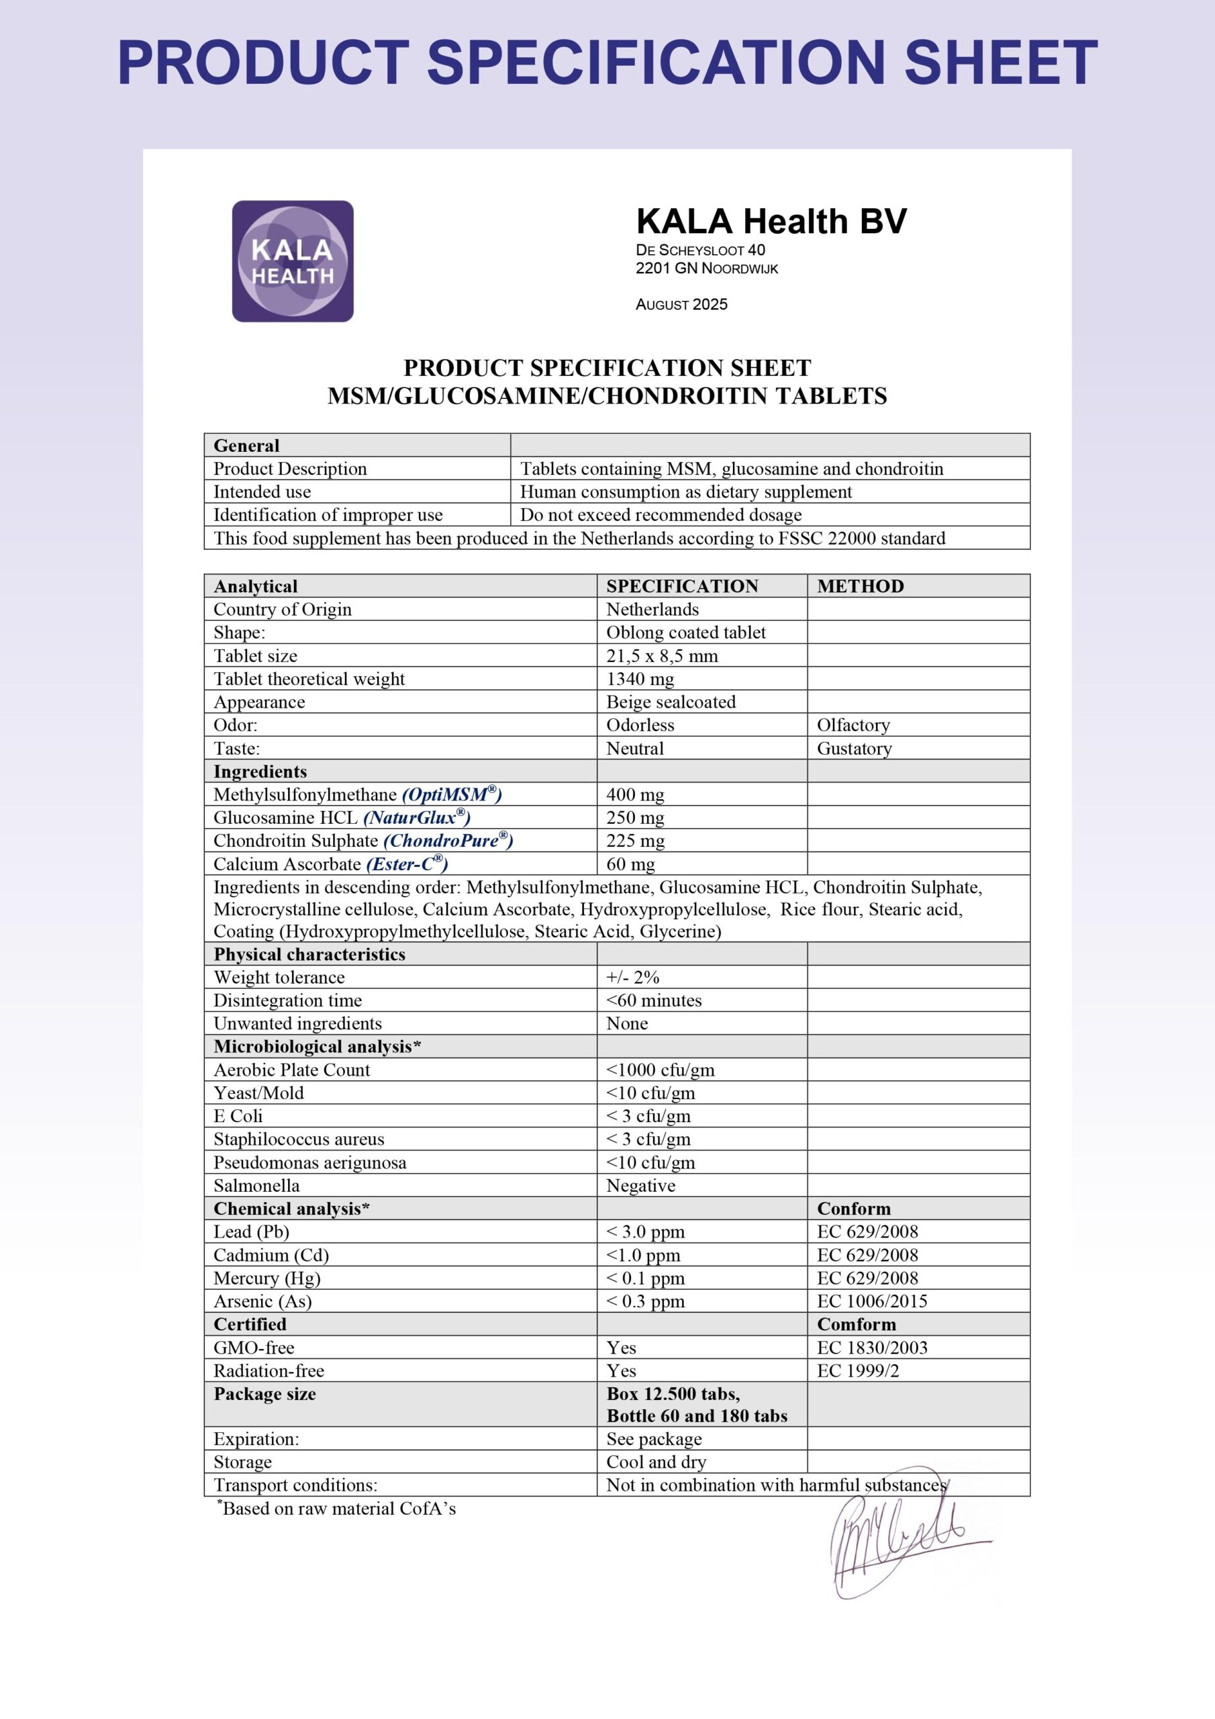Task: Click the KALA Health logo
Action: [292, 261]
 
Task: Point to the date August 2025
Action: [681, 305]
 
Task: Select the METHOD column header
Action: [860, 586]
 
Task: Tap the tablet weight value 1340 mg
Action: [640, 679]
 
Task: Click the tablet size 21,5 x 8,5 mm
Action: [662, 656]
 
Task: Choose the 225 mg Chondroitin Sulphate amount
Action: [635, 841]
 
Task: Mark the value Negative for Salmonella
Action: [641, 1186]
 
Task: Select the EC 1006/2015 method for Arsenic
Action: [871, 1301]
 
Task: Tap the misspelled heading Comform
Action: [856, 1324]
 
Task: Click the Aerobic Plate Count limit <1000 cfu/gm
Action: [661, 1070]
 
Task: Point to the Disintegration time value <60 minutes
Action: [654, 1001]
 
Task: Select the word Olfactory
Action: [853, 725]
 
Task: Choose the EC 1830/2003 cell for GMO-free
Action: [871, 1348]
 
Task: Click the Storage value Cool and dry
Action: [656, 1462]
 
